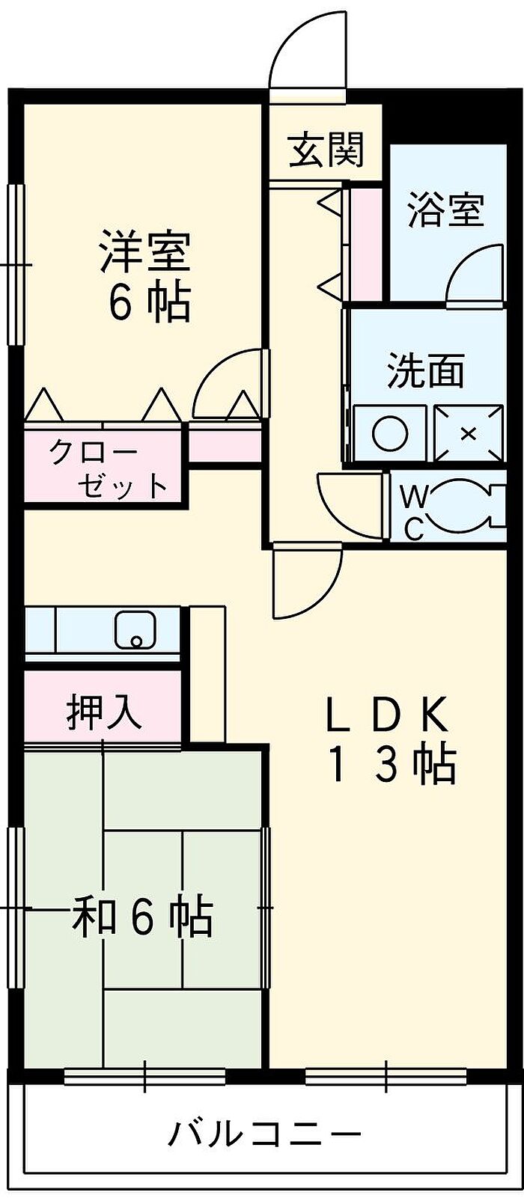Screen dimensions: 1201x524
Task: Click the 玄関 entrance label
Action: (327, 150)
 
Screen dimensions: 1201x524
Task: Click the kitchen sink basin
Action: (135, 630)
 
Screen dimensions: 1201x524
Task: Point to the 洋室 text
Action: (145, 252)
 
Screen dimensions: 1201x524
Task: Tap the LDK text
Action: (387, 715)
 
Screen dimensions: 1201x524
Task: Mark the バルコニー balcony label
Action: (263, 1134)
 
